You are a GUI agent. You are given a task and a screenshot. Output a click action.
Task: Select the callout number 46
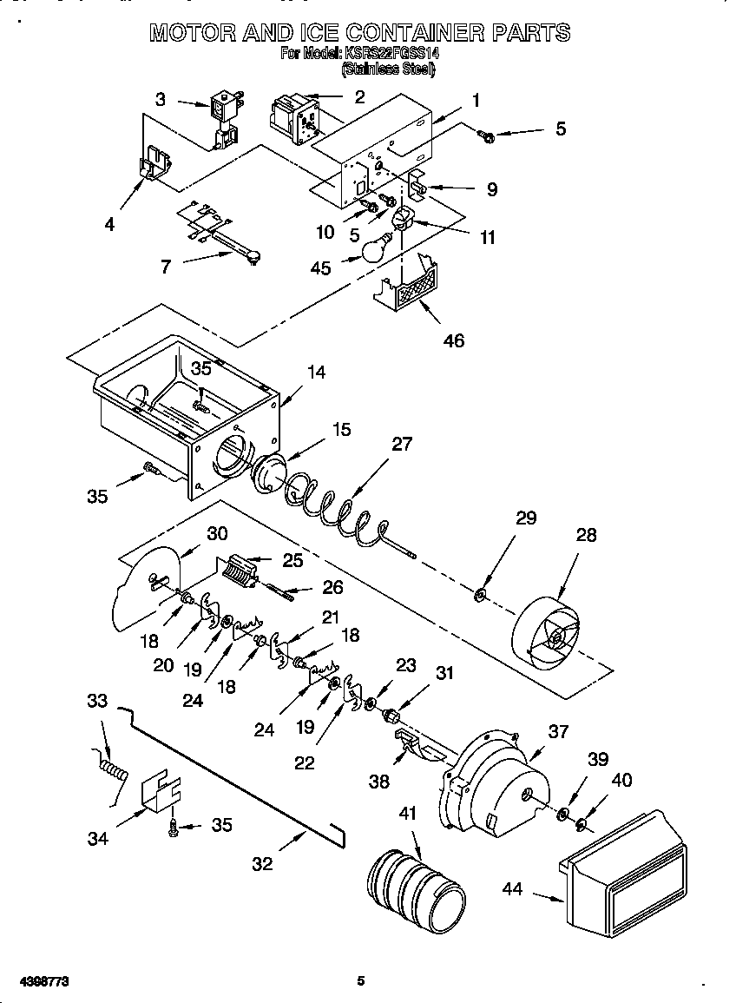(453, 340)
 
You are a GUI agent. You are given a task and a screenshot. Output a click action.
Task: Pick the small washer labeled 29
(480, 596)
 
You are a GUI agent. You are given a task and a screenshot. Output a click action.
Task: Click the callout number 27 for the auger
(402, 444)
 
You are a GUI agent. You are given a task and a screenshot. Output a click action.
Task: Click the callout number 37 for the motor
(559, 731)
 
